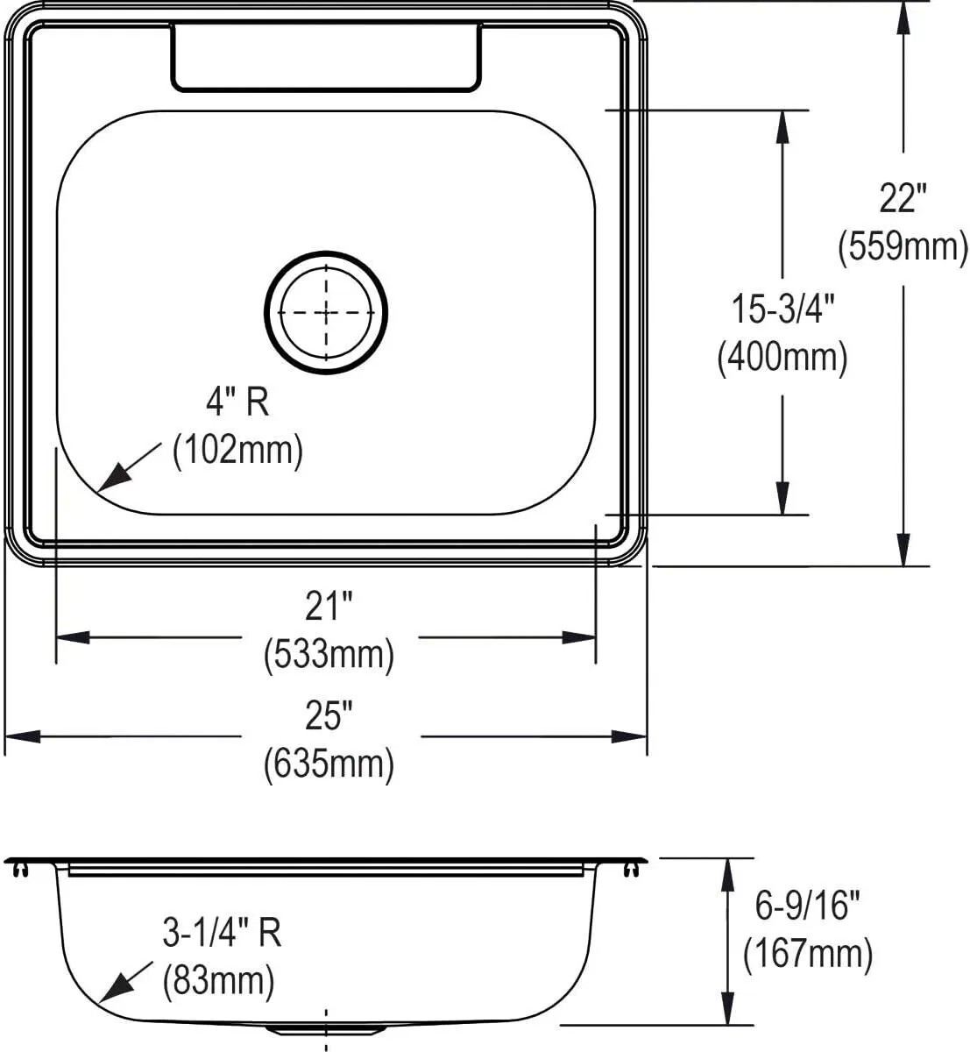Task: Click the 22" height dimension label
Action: [903, 199]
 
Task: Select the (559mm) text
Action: [903, 247]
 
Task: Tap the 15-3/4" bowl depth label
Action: [782, 309]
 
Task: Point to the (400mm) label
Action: [782, 358]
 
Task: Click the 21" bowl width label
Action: [329, 607]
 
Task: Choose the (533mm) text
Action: [329, 655]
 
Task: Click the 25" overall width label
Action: [329, 715]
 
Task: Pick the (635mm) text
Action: [329, 764]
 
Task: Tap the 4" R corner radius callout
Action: [237, 402]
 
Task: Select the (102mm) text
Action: [237, 451]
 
